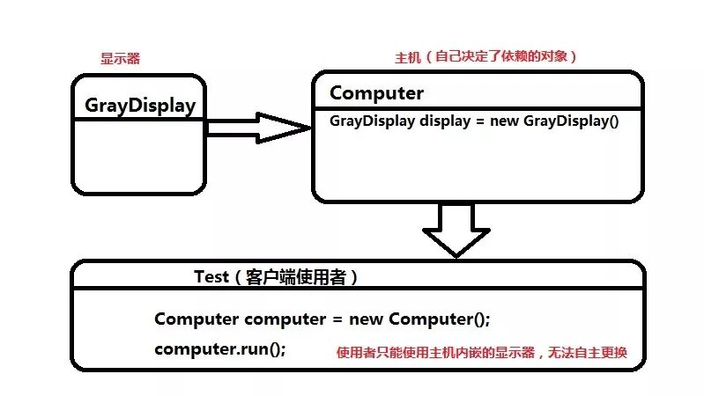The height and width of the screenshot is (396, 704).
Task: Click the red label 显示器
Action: coord(121,59)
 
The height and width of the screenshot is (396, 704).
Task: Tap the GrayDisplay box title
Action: coord(140,106)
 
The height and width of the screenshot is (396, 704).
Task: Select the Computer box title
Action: coord(376,93)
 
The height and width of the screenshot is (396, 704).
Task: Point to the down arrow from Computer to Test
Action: coord(456,228)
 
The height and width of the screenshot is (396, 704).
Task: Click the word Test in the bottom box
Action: coord(212,276)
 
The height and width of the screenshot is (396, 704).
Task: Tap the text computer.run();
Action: coord(219,348)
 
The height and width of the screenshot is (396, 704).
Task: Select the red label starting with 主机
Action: coord(485,57)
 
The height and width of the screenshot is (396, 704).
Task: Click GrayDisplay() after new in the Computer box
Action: coord(571,121)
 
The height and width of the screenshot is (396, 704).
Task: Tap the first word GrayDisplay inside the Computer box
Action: coord(373,121)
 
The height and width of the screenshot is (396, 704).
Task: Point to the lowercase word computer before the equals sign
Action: coord(284,318)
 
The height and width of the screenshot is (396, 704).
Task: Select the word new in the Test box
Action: coord(367,318)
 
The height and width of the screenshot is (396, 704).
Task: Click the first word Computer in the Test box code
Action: coord(196,318)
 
